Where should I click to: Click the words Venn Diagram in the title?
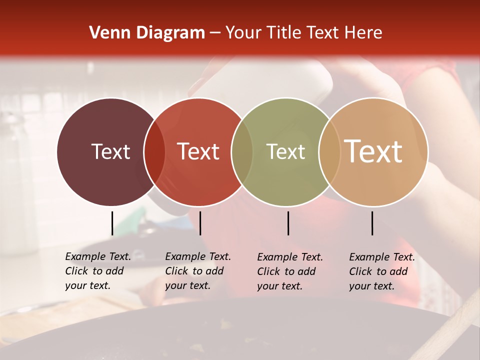147,33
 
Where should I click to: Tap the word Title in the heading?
283,33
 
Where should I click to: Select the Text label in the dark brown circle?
110,151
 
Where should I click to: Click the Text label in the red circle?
198,151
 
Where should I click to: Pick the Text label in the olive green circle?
285,151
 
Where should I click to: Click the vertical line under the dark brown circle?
112,223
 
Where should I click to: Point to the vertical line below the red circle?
200,223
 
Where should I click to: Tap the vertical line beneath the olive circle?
288,223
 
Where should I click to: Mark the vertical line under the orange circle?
372,223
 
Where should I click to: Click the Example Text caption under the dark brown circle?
97,271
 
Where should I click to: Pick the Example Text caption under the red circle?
197,271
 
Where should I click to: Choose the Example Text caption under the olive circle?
289,271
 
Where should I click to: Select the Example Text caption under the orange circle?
381,271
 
